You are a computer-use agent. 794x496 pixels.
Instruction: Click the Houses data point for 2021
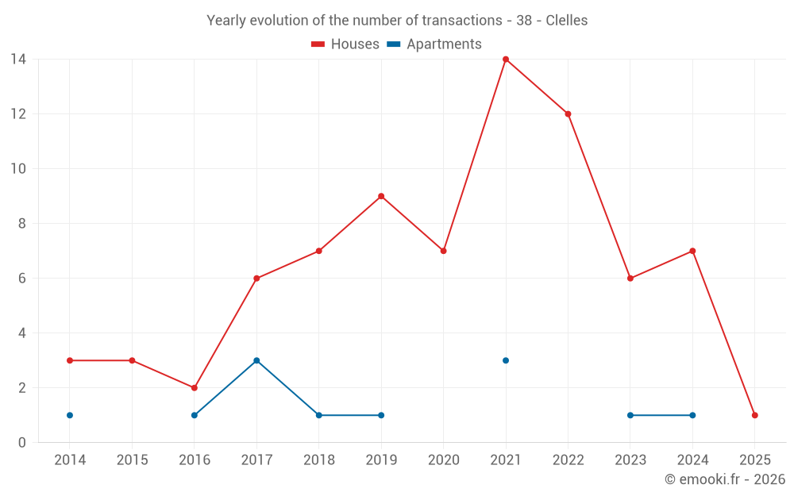pos(506,60)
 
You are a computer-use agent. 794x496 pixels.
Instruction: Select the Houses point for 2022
pos(568,114)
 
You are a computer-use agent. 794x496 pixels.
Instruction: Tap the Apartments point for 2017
pos(256,360)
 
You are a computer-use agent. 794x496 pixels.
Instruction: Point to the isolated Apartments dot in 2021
pos(506,360)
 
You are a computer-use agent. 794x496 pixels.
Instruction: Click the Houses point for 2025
pos(754,415)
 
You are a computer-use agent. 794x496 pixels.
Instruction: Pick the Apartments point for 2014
pos(70,415)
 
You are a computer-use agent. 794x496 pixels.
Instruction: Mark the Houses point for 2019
pos(381,196)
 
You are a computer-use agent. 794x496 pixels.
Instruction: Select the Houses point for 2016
pos(195,388)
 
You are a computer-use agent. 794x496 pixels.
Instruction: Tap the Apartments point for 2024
pos(692,415)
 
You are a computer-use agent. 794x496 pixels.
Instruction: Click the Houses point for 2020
pos(443,251)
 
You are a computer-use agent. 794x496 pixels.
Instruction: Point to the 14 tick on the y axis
pos(18,60)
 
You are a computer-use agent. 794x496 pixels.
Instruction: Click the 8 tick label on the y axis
pos(21,224)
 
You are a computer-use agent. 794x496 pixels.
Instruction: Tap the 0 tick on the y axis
pos(21,443)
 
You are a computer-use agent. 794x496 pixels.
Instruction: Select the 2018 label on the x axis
pos(319,460)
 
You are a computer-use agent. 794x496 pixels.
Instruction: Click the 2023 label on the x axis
pos(630,460)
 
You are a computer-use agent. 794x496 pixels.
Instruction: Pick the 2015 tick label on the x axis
pos(132,460)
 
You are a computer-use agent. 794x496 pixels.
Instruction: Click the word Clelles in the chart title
pos(567,21)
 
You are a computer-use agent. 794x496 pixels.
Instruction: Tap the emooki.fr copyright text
pos(725,479)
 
